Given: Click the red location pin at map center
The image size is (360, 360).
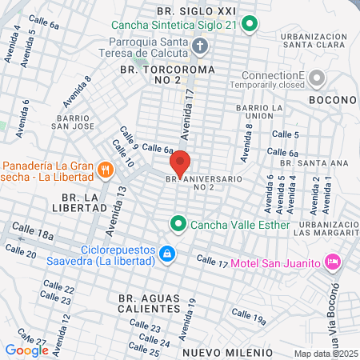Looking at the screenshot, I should [x=181, y=163].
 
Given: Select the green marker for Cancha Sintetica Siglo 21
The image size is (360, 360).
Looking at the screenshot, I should [x=249, y=24].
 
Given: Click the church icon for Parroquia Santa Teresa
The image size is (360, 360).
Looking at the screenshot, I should [x=201, y=47].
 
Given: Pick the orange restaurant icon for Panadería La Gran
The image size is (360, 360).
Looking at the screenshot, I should [x=105, y=169].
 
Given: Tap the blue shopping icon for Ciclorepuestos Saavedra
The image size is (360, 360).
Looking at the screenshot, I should [x=166, y=254].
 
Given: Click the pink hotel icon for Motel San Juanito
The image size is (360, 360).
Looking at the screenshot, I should [x=333, y=262].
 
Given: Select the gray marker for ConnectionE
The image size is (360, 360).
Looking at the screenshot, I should [x=317, y=78].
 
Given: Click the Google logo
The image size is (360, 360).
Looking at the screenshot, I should [x=26, y=350].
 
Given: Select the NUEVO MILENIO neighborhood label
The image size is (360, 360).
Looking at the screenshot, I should [x=228, y=352].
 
